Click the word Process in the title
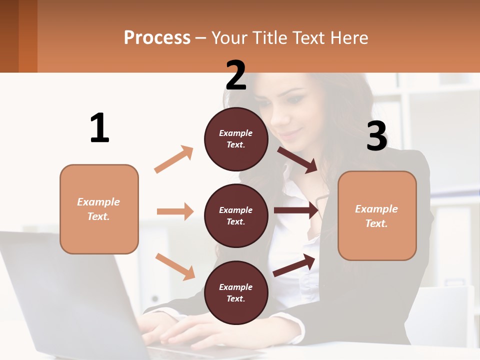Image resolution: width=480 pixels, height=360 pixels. click(157, 38)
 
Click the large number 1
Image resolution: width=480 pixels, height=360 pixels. click(99, 128)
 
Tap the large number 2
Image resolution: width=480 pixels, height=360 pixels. click(236, 75)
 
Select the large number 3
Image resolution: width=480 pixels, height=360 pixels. click(376, 136)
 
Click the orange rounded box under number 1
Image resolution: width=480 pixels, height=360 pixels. click(99, 209)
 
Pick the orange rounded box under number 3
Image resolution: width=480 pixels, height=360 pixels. click(377, 215)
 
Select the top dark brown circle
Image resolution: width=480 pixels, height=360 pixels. click(236, 139)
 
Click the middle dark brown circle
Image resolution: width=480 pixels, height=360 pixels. click(236, 215)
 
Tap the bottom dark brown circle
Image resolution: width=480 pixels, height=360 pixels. click(236, 292)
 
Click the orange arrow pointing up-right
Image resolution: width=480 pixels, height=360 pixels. click(173, 159)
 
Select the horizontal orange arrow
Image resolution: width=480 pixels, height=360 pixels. click(175, 211)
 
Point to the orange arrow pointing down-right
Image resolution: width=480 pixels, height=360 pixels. click(175, 266)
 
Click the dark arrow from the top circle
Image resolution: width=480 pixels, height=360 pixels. click(297, 159)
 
